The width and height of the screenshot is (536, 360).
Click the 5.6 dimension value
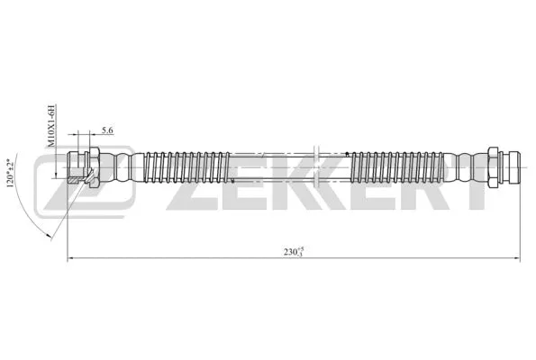click(x=107, y=131)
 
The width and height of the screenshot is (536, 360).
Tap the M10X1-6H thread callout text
click(x=51, y=125)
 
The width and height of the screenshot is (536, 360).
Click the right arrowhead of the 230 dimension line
click(x=516, y=259)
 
